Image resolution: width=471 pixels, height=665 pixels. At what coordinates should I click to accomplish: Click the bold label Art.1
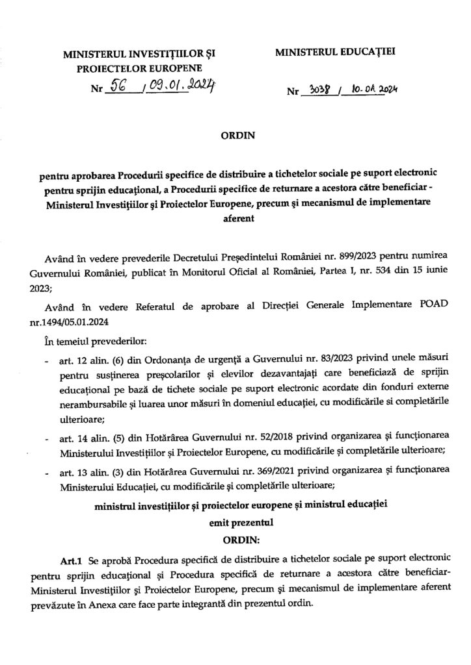[x=70, y=557]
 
